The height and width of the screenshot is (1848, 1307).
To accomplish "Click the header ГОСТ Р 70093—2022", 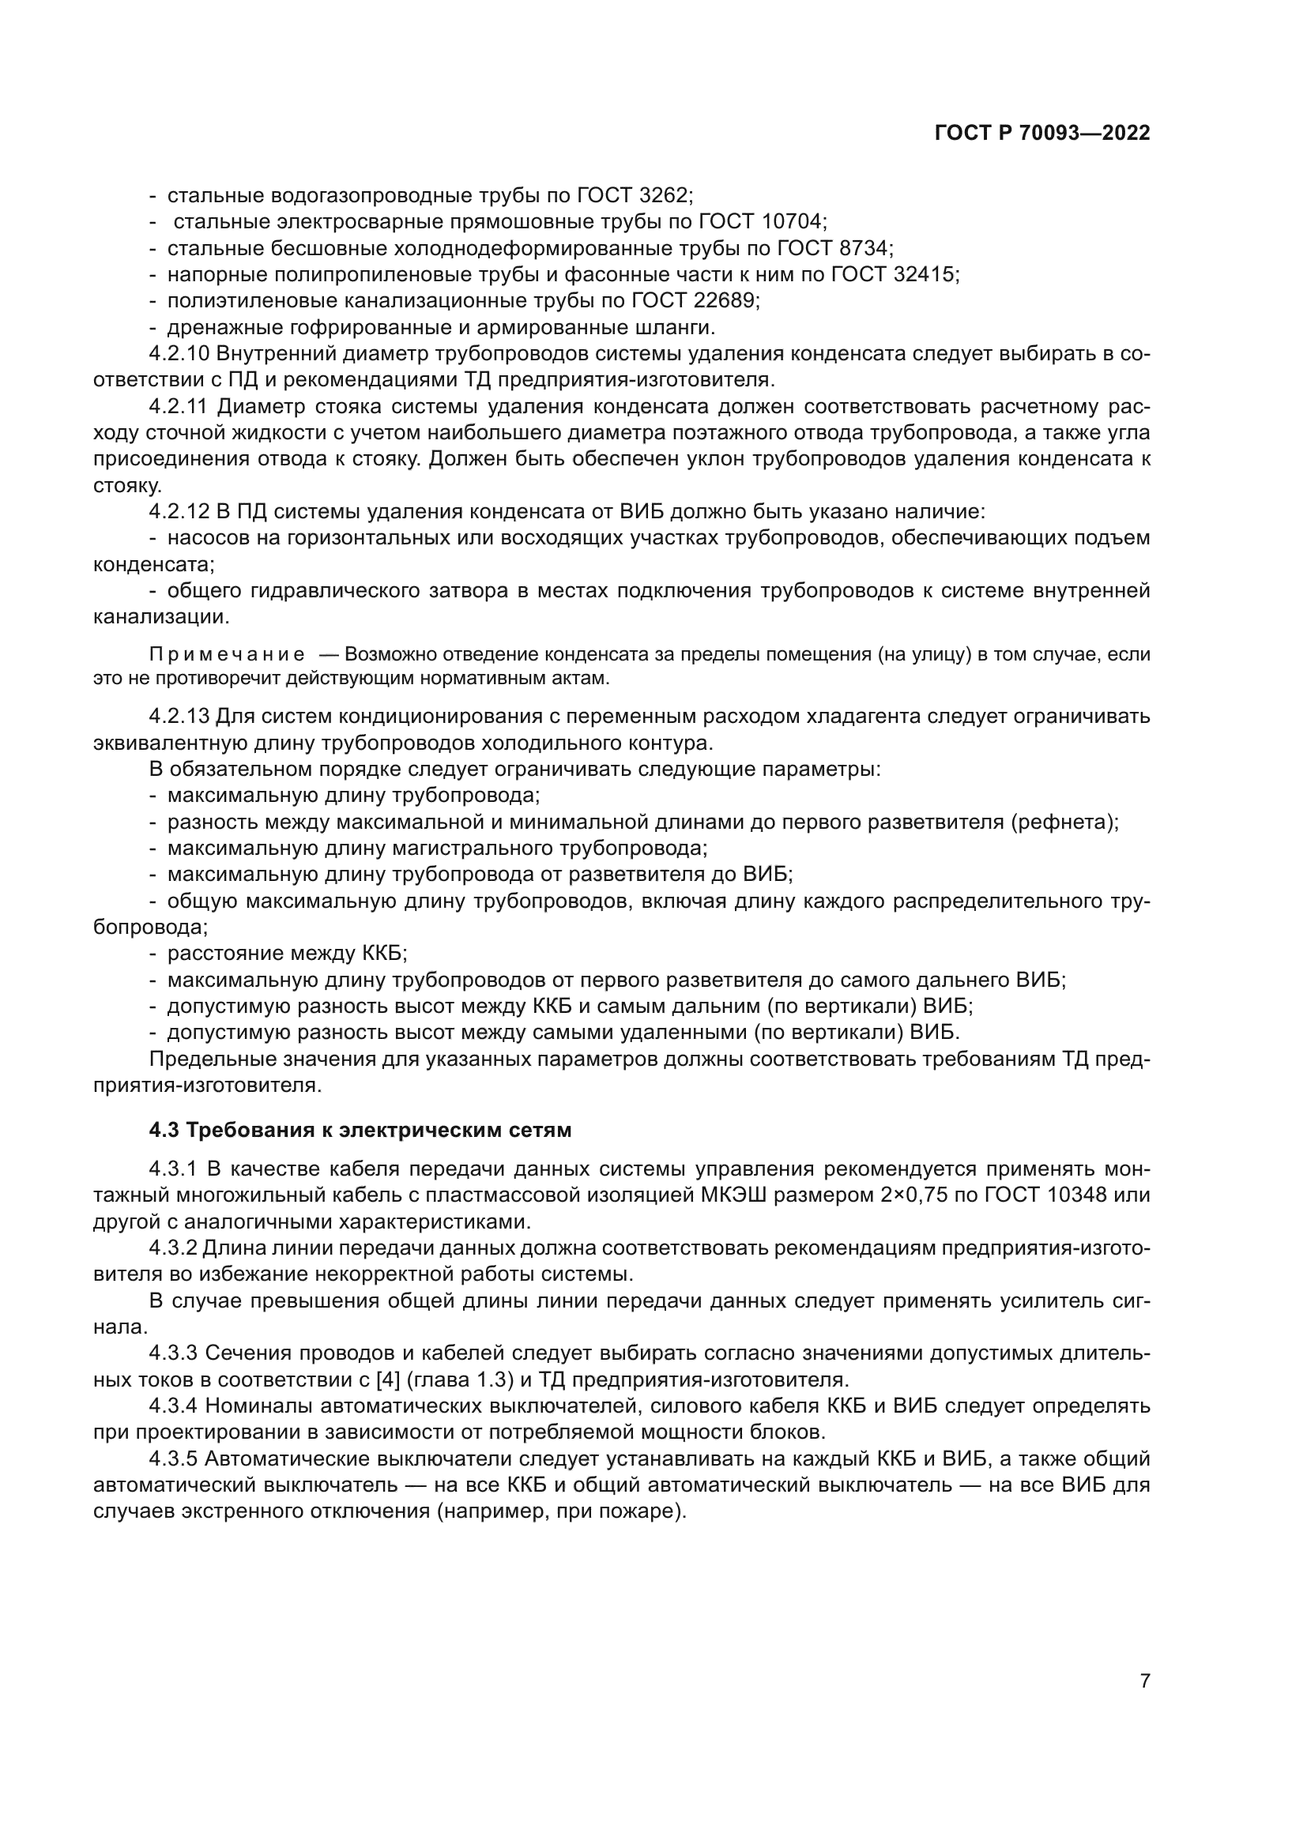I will tap(1042, 134).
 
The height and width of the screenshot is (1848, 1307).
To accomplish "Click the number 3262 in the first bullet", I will tap(665, 196).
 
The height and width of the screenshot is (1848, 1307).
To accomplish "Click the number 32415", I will tap(925, 274).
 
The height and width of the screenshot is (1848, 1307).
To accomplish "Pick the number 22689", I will tap(727, 301).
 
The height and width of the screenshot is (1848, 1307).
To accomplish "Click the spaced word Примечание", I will tap(227, 654).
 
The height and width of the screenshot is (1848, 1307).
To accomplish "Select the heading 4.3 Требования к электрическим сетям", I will tap(360, 1130).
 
